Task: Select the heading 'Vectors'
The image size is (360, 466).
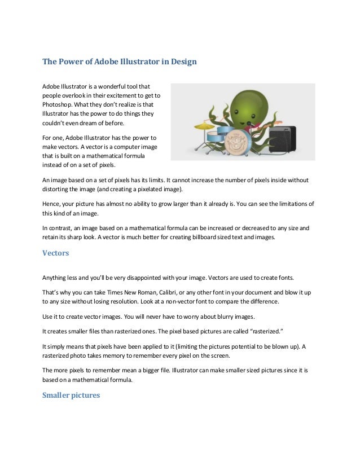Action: click(55, 253)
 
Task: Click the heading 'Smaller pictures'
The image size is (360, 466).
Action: click(71, 395)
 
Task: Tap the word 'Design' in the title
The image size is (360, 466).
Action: click(182, 61)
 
